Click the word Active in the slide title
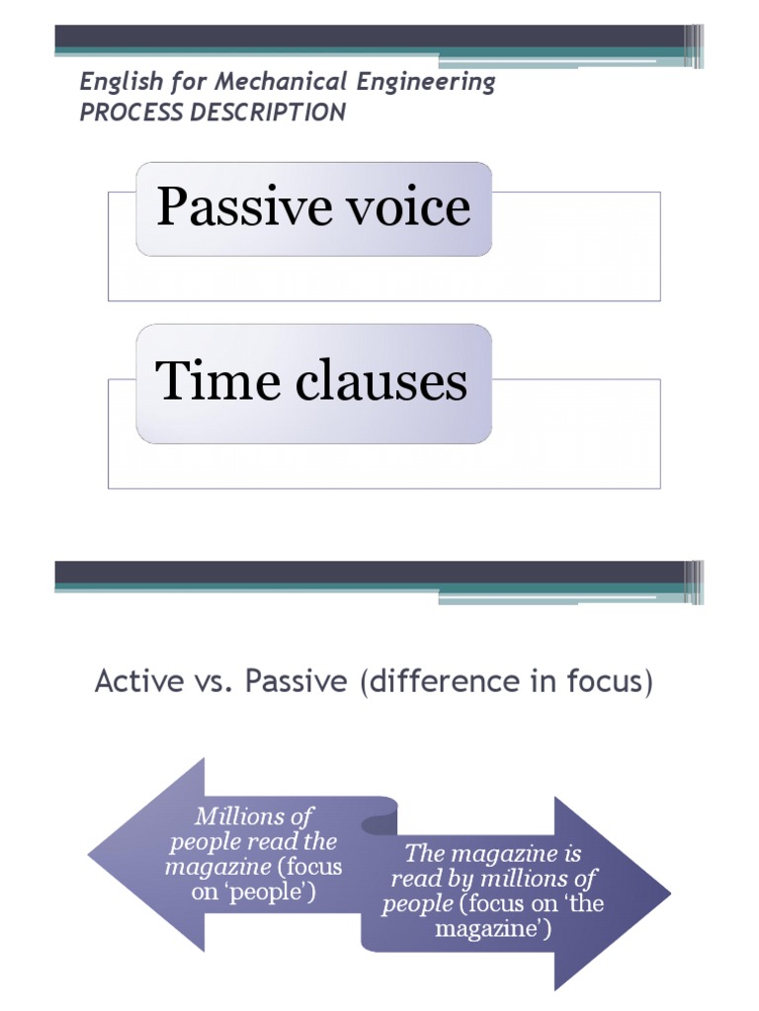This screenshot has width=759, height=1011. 126,681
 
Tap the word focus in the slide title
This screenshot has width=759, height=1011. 605,681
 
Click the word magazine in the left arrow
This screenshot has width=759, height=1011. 216,867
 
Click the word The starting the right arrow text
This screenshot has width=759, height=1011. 426,853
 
